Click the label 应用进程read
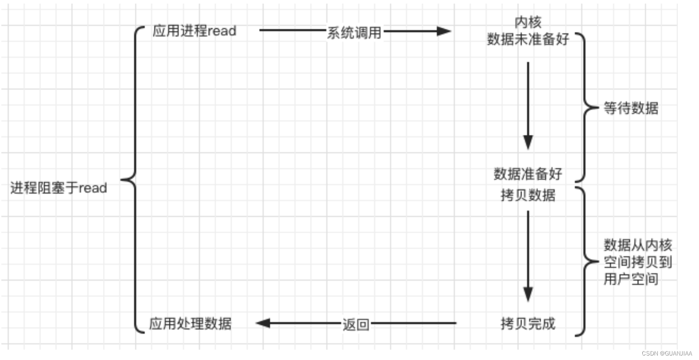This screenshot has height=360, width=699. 194,31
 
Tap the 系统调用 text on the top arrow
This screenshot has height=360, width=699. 354,32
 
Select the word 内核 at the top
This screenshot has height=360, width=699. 528,22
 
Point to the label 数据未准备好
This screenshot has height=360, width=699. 528,39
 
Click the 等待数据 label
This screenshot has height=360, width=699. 631,108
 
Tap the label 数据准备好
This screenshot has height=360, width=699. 528,174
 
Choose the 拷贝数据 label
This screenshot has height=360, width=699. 528,195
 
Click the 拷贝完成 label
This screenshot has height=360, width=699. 528,323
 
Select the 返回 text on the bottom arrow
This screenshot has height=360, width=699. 356,324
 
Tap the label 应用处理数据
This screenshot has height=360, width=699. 191,324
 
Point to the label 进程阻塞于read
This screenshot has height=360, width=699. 59,188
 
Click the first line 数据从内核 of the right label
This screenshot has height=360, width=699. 637,245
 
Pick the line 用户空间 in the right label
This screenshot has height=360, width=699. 631,279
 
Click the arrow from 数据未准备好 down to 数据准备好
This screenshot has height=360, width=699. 528,106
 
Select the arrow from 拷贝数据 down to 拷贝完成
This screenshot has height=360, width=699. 528,256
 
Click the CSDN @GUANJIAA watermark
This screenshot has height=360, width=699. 667,353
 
